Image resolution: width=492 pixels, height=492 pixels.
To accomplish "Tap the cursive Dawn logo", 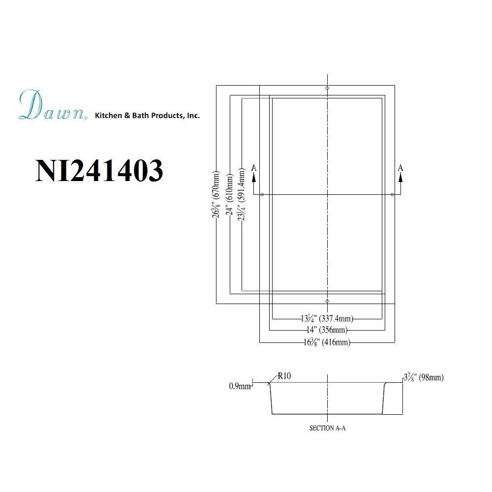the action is pos(53,105).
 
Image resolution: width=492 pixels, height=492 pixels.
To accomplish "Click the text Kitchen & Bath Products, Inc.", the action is pos(147,116).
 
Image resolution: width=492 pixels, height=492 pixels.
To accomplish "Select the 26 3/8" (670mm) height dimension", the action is pos(216,194).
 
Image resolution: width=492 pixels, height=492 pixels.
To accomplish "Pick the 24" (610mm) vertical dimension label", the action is pos(230,195).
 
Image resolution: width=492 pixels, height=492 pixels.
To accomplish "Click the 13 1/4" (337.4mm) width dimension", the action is pos(327,319).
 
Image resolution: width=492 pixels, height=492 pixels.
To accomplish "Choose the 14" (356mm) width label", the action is pos(327,330).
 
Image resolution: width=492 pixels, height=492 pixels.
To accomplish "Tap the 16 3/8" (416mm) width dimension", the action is pos(327,342).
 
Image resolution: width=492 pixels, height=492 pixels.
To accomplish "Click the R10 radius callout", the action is pos(284,376).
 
